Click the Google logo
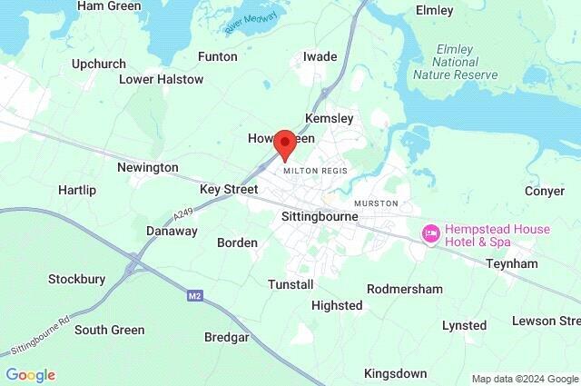point(30,375)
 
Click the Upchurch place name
point(98,64)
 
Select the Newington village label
point(147,168)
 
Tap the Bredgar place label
point(227,337)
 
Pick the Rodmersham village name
point(404,289)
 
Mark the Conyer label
point(546,191)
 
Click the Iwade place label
point(320,56)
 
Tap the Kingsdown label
point(395,373)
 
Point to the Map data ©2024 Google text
point(525,379)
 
